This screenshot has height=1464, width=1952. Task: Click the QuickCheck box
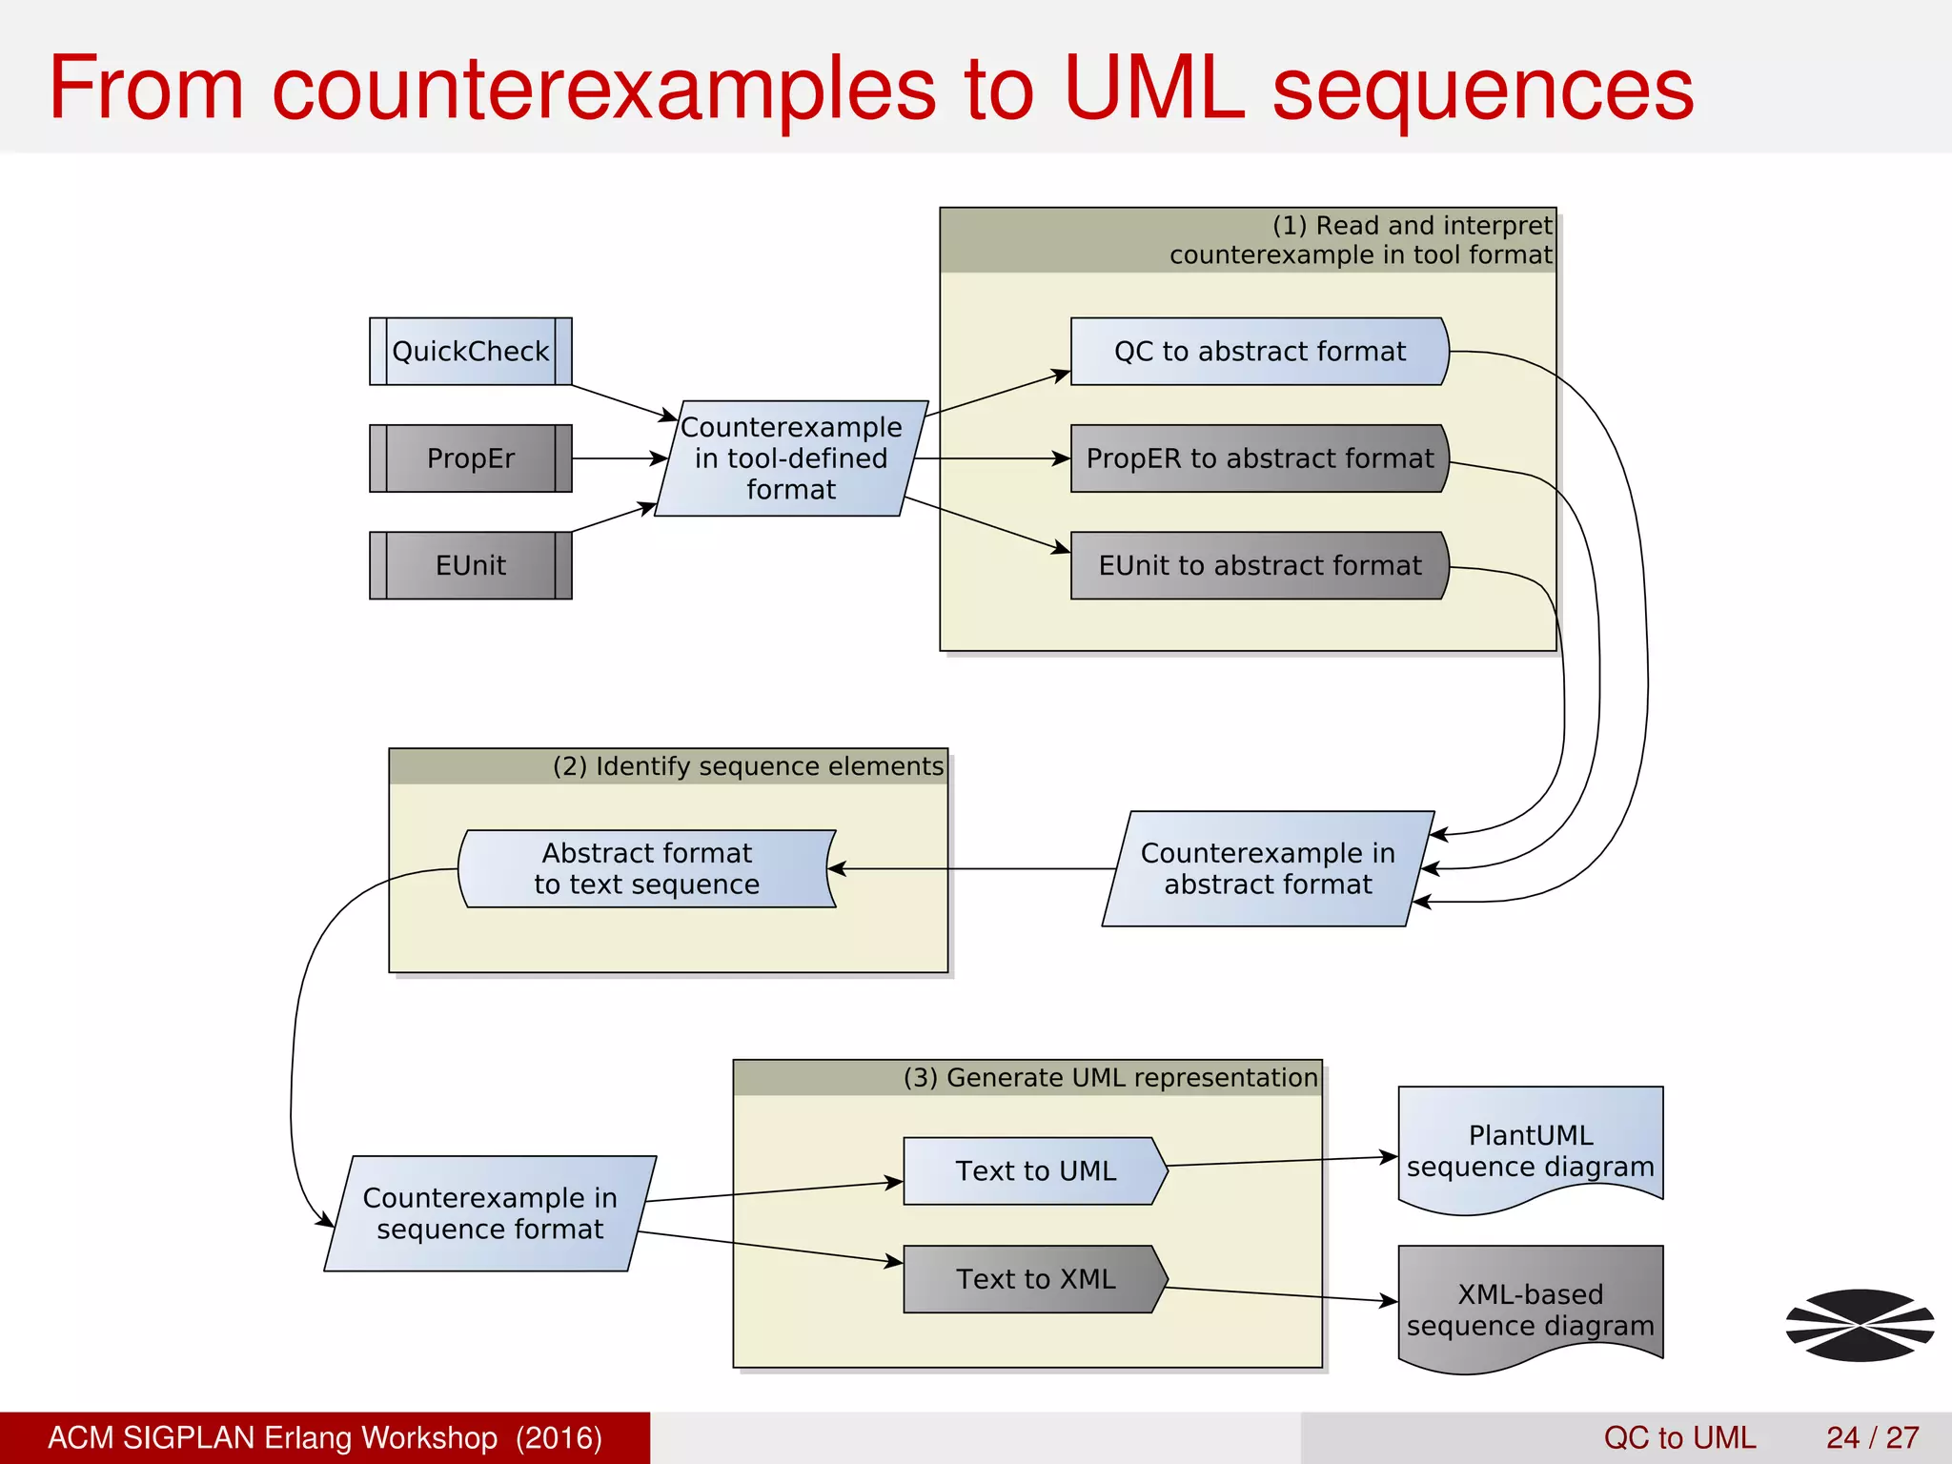click(470, 352)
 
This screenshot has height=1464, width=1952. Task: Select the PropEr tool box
click(470, 458)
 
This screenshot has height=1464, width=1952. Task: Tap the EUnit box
click(470, 565)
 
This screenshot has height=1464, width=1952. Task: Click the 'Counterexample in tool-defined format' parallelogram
click(791, 458)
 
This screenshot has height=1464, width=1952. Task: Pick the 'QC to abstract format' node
click(1258, 352)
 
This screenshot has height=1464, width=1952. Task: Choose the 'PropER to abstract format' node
click(1258, 458)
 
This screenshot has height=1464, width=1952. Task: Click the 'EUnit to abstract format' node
click(1258, 565)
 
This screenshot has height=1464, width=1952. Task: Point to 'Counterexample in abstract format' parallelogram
click(1268, 868)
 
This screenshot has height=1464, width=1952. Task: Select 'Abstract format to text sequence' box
click(646, 868)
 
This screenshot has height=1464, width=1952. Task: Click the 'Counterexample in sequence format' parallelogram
click(490, 1213)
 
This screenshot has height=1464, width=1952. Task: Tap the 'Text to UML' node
click(1035, 1170)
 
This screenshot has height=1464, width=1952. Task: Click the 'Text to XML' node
click(1035, 1279)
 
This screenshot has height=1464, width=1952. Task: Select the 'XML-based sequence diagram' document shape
click(1530, 1308)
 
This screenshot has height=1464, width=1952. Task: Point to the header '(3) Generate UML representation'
click(1110, 1078)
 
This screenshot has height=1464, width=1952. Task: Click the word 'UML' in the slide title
click(1153, 88)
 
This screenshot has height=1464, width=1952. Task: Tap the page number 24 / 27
click(1872, 1437)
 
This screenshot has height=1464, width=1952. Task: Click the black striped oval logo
click(1860, 1325)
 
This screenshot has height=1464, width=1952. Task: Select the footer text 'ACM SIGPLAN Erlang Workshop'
click(273, 1437)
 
